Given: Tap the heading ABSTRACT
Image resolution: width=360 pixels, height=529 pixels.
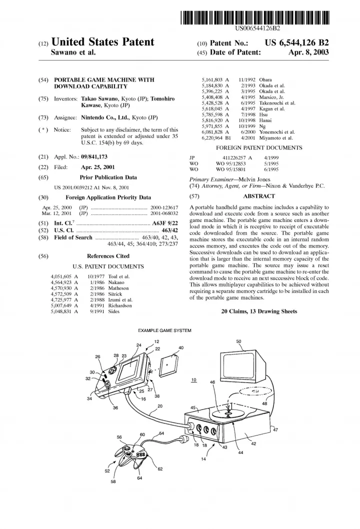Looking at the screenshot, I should [x=258, y=196].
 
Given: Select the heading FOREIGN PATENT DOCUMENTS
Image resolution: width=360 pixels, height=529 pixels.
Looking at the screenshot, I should [x=258, y=148].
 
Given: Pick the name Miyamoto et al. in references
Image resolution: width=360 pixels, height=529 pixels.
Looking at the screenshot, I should [x=276, y=137].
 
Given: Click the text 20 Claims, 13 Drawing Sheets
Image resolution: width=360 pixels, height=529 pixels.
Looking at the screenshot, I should [x=258, y=311].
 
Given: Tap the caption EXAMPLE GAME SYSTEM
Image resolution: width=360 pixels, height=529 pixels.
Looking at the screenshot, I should [x=164, y=330].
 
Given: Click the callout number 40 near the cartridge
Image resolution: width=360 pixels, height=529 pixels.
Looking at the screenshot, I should [x=180, y=347].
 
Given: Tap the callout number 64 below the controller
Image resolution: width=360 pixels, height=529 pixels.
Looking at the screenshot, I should [x=139, y=478].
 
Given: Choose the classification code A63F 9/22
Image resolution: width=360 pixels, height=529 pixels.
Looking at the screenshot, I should [x=164, y=221].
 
